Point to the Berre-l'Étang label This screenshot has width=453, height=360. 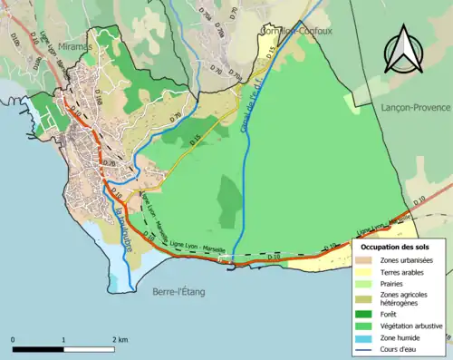coord(171,291)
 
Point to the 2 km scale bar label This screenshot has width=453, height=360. coord(120,339)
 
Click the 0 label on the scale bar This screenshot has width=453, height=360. coord(13,339)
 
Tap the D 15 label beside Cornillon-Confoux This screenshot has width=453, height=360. coord(270,56)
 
